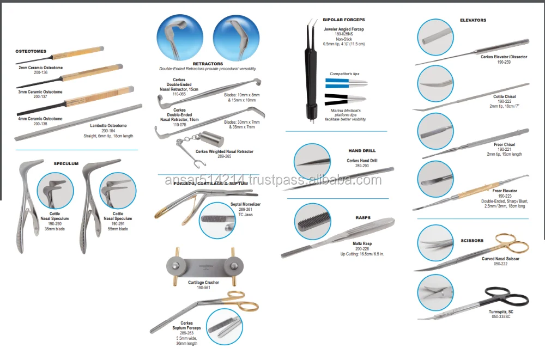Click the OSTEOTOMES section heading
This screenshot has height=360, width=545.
31,51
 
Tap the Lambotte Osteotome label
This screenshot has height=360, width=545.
108,126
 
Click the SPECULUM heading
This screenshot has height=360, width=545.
66,163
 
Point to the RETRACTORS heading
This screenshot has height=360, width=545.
208,64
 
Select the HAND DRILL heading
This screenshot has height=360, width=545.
362,150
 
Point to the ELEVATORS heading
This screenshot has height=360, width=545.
473,20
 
